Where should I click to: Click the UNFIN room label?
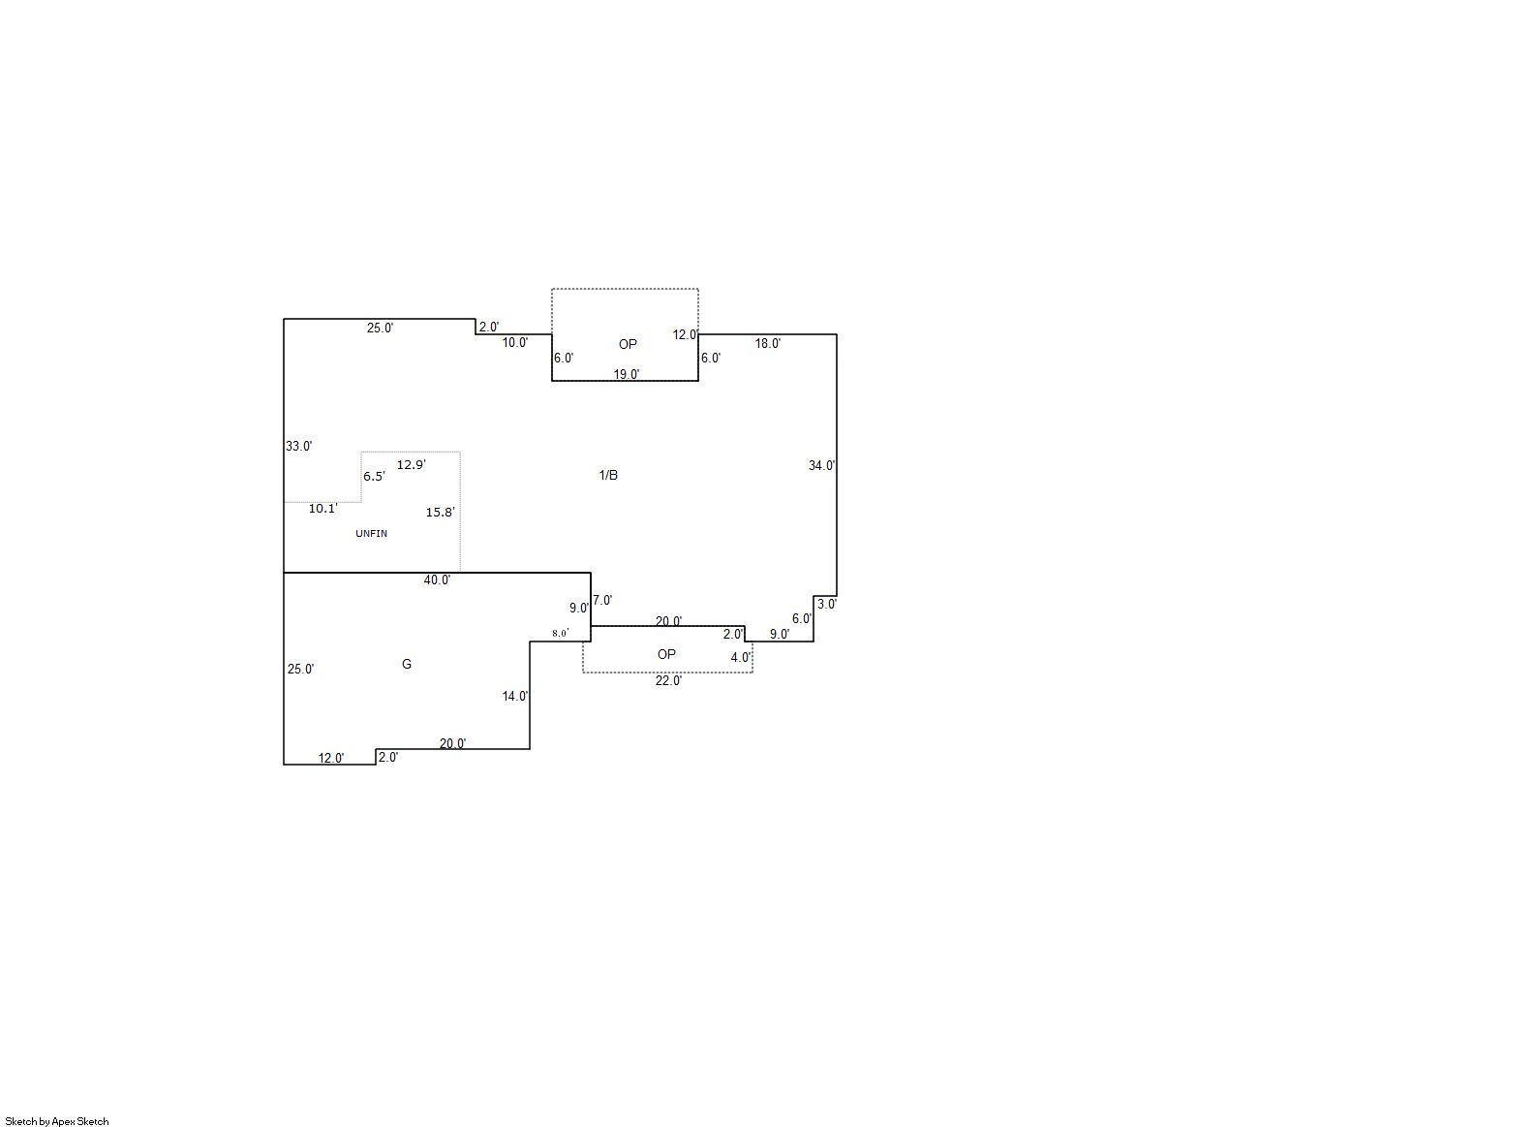pos(372,533)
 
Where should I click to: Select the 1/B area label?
pos(608,475)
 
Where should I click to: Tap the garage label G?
pos(407,664)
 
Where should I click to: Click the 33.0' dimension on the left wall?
pos(299,447)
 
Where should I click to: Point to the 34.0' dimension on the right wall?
pos(821,465)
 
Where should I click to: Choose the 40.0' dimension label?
pos(437,579)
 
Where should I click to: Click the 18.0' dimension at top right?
pos(768,343)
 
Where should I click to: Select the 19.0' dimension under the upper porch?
pos(627,374)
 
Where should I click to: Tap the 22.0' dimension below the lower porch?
pos(669,680)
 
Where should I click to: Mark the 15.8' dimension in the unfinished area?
pos(441,512)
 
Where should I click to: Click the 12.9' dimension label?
pos(412,465)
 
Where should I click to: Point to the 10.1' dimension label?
pos(323,509)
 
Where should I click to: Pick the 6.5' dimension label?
pos(375,477)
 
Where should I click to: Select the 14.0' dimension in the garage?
pos(515,697)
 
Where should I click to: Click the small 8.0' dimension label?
pos(561,634)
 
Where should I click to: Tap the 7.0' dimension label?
pos(603,601)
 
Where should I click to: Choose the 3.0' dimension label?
pos(827,605)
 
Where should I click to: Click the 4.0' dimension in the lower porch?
pos(741,657)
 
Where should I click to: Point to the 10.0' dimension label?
pos(515,343)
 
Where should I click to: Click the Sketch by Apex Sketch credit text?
pos(57,1121)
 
